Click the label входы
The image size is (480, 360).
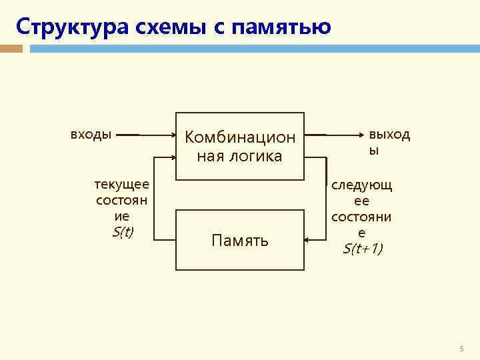91,134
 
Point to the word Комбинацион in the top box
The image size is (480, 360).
240,137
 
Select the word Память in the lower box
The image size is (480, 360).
240,240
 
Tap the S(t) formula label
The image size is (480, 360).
123,231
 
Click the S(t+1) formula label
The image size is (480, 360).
362,249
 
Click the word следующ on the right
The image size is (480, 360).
362,185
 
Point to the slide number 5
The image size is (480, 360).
461,349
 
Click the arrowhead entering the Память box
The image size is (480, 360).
307,240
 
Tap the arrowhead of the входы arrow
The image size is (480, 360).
171,135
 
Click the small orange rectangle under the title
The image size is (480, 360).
11,49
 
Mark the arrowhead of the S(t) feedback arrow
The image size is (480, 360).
171,157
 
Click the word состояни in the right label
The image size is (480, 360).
362,217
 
